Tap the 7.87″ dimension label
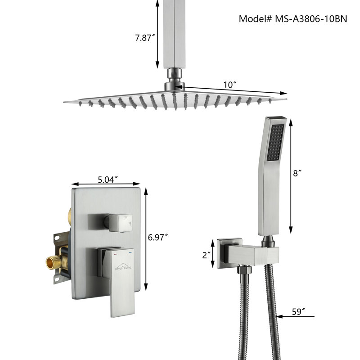tap(145, 38)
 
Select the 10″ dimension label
tap(230, 85)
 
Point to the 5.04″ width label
tap(108, 180)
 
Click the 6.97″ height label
tap(158, 237)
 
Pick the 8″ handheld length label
tap(297, 173)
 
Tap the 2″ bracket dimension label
tap(207, 255)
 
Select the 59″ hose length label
tap(298, 311)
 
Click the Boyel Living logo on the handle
tap(123, 266)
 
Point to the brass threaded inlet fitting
tap(54, 262)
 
